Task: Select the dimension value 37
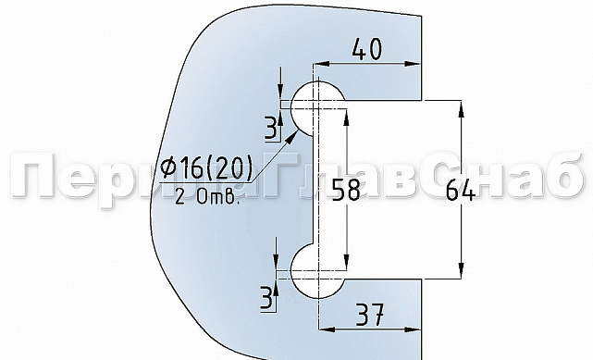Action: click(367, 318)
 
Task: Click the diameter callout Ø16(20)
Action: click(206, 169)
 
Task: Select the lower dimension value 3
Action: click(268, 297)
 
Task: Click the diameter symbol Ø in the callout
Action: click(168, 169)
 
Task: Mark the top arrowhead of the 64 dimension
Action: click(460, 105)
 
